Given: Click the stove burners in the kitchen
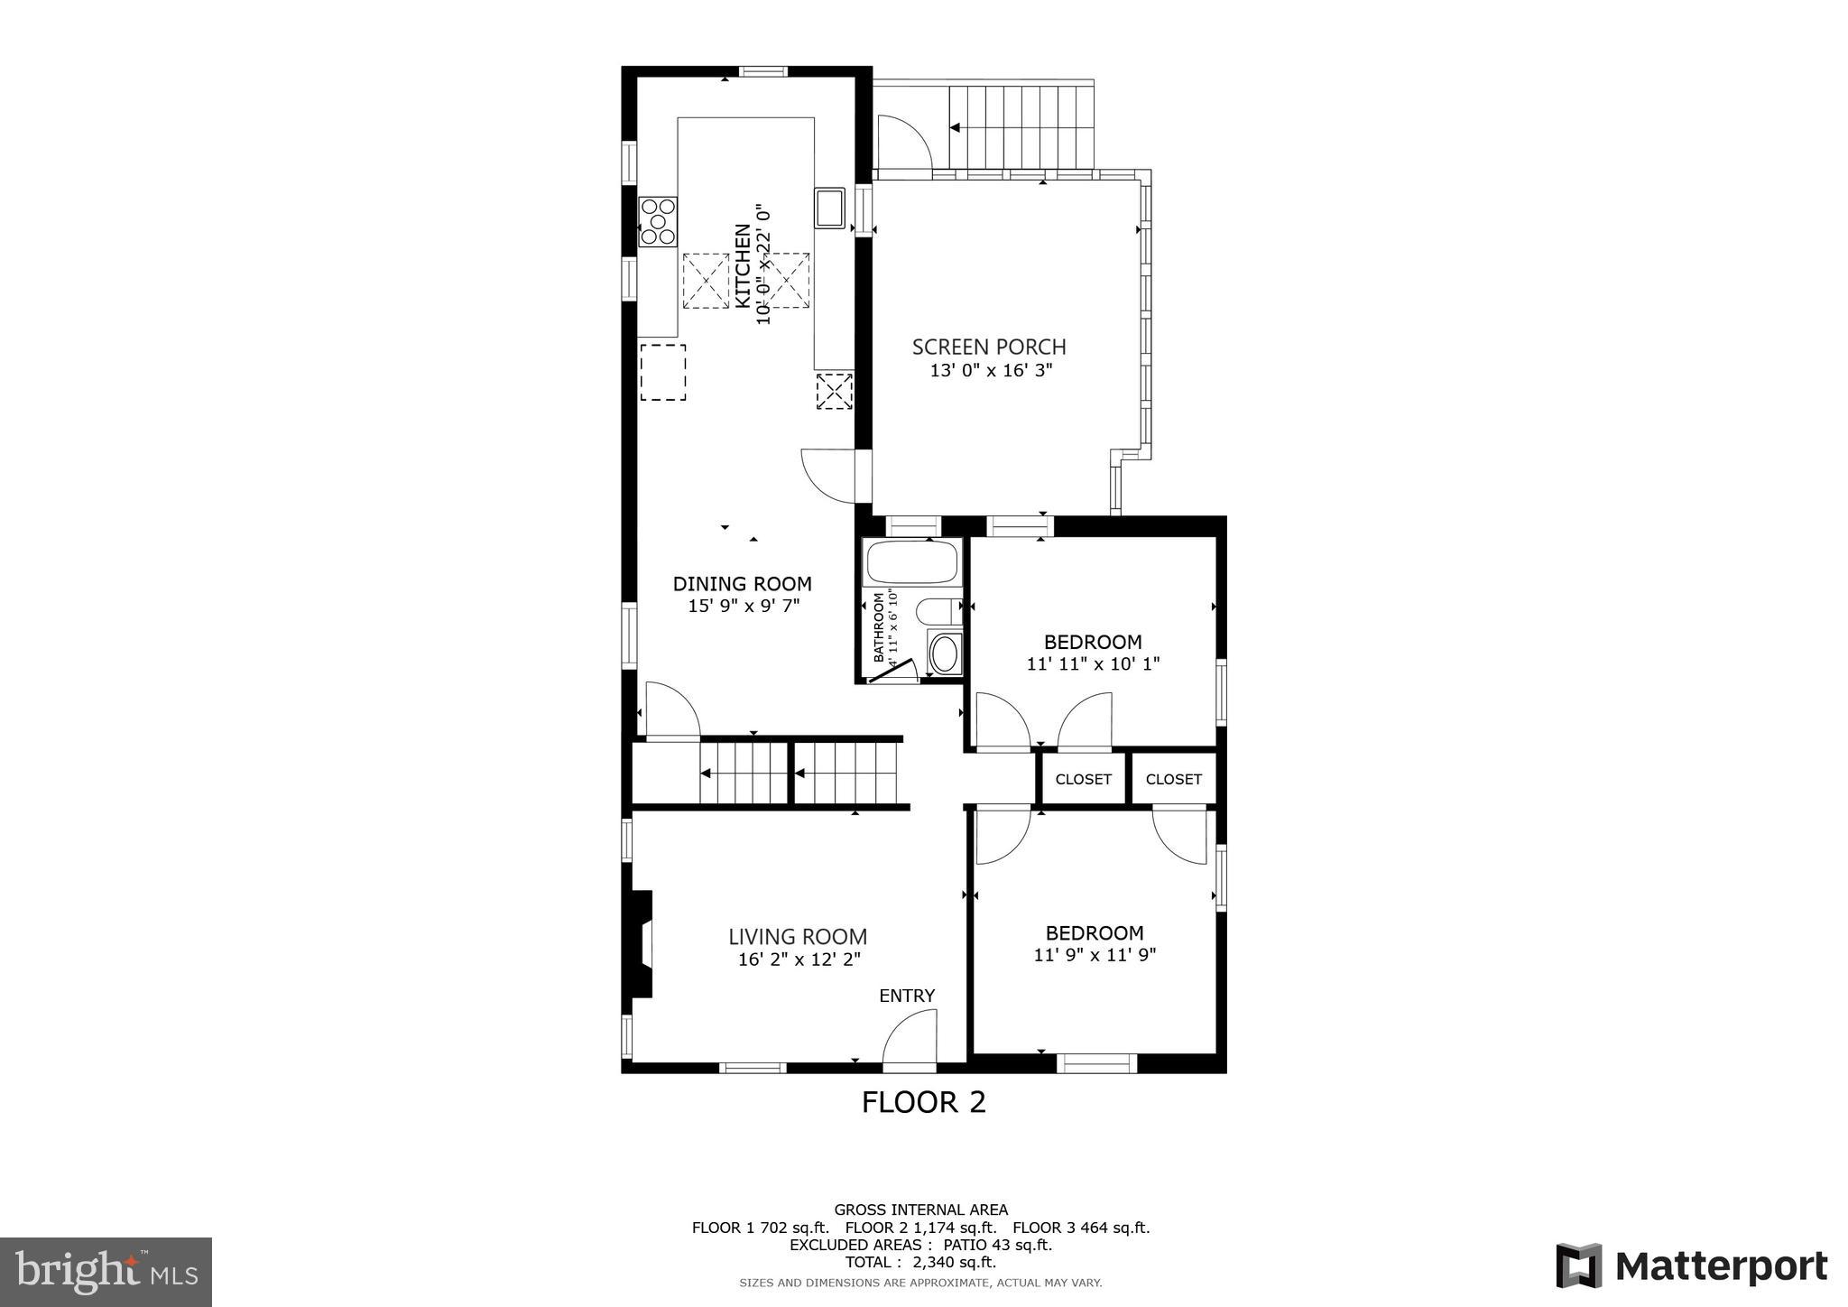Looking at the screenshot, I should (658, 221).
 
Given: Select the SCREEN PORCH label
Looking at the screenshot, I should (988, 347).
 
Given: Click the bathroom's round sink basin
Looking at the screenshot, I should (944, 654).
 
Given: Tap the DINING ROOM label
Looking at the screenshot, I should (742, 584).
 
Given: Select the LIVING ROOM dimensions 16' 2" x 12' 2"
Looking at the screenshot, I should (798, 959).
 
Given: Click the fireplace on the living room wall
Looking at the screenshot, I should (642, 943).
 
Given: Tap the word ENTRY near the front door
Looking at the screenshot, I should (907, 996).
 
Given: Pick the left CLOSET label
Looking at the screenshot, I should (1083, 779).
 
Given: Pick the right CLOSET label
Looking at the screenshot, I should (1173, 779).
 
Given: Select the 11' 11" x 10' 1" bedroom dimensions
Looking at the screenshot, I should (1093, 664).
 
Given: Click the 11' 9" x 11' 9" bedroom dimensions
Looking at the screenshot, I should (1095, 955).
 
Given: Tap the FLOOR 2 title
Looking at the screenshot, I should (923, 1102).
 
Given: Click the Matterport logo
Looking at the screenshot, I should (1691, 1265).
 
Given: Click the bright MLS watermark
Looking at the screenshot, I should (106, 1272).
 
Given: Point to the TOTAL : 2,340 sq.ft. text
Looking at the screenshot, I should (920, 1262).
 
